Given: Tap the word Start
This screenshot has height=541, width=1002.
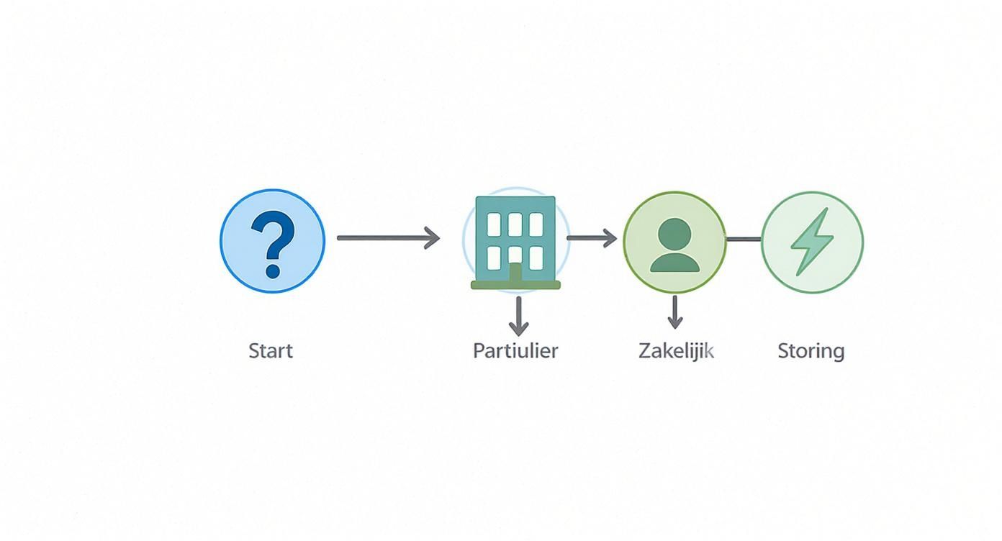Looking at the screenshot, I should point(271,351).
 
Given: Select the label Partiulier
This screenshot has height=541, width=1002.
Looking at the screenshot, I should point(515,351).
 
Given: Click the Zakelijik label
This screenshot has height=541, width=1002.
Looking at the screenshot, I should point(676,351).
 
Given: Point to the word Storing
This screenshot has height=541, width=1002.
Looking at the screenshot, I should point(811,351).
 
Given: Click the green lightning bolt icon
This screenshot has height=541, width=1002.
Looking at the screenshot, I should point(811,242).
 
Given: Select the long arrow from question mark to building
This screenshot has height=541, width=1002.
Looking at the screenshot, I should point(388,237).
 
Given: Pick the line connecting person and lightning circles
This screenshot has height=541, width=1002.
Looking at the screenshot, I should point(744,239).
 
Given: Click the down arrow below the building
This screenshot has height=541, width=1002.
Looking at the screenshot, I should point(518,317).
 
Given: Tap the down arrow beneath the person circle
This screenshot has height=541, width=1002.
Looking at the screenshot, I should point(674,312).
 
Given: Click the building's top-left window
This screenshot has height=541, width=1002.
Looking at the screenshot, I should point(494,224).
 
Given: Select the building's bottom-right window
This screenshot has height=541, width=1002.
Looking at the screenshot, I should point(536,258).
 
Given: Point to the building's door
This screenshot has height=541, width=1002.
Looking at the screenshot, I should point(515,273).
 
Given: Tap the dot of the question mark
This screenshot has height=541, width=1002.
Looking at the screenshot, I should point(273,271).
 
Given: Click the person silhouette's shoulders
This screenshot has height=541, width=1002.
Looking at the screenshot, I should point(674,263).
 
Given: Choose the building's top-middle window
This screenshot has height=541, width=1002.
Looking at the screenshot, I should point(515,224).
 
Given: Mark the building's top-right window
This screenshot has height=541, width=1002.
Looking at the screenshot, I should point(536,224).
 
